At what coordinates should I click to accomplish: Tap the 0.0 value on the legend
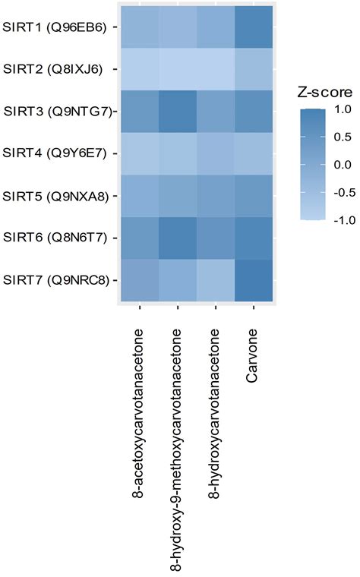click(342, 165)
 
